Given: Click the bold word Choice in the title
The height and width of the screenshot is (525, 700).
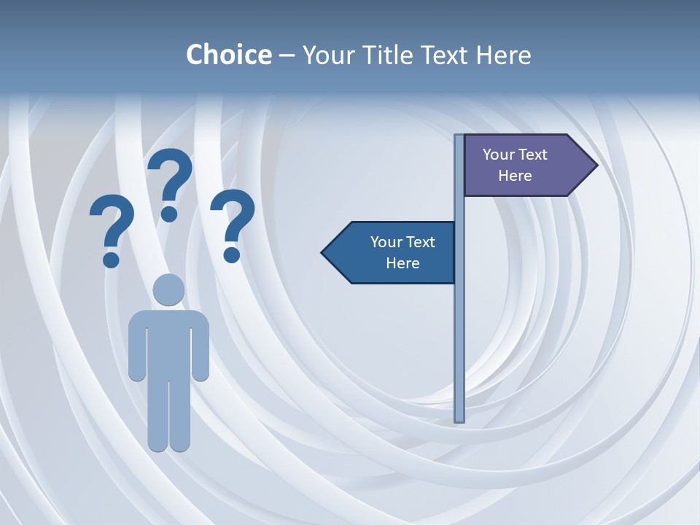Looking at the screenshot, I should pos(228,55).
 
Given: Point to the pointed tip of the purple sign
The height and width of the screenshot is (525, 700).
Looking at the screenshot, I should pos(595,166).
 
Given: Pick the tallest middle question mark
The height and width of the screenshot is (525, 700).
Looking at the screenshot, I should pos(171,179).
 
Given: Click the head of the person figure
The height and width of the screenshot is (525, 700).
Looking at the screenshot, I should pos(168,289).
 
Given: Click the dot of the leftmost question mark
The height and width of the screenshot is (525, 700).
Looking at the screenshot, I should pos(111,260).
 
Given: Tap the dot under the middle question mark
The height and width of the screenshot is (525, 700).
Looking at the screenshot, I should pos(169,213).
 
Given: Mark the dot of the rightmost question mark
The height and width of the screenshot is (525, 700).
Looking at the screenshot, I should pos(232,254).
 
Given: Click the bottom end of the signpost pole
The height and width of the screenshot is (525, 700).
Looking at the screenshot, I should pos(459,419).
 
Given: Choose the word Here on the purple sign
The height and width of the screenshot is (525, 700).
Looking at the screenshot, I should pos(515,176).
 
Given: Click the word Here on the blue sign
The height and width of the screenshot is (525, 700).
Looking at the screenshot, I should pos(402,263).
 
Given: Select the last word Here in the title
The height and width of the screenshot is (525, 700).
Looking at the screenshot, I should pos(503,55).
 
